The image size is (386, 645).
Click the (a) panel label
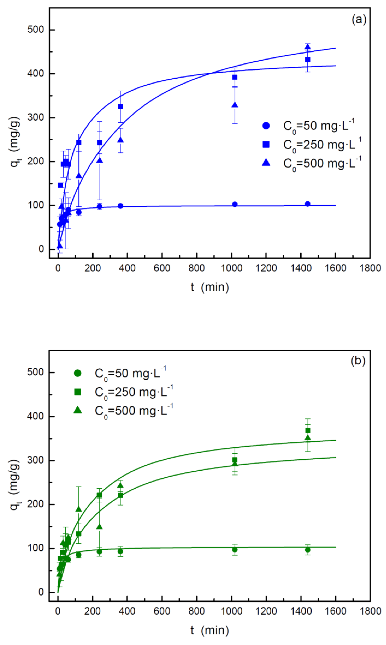pyautogui.click(x=359, y=19)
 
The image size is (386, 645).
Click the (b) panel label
pyautogui.click(x=358, y=361)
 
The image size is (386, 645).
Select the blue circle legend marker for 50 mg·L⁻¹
pyautogui.click(x=266, y=126)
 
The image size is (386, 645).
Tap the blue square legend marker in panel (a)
pyautogui.click(x=266, y=144)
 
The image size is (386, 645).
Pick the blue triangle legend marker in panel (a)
pyautogui.click(x=266, y=163)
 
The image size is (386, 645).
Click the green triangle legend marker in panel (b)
pyautogui.click(x=77, y=410)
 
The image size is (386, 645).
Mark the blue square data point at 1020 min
pyautogui.click(x=235, y=77)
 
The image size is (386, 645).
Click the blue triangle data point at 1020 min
pyautogui.click(x=235, y=105)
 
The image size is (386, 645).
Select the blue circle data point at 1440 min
pyautogui.click(x=308, y=204)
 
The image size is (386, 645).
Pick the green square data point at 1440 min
pyautogui.click(x=308, y=430)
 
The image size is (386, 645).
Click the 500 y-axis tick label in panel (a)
pyautogui.click(x=36, y=30)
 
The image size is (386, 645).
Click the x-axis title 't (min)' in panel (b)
pyautogui.click(x=210, y=630)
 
